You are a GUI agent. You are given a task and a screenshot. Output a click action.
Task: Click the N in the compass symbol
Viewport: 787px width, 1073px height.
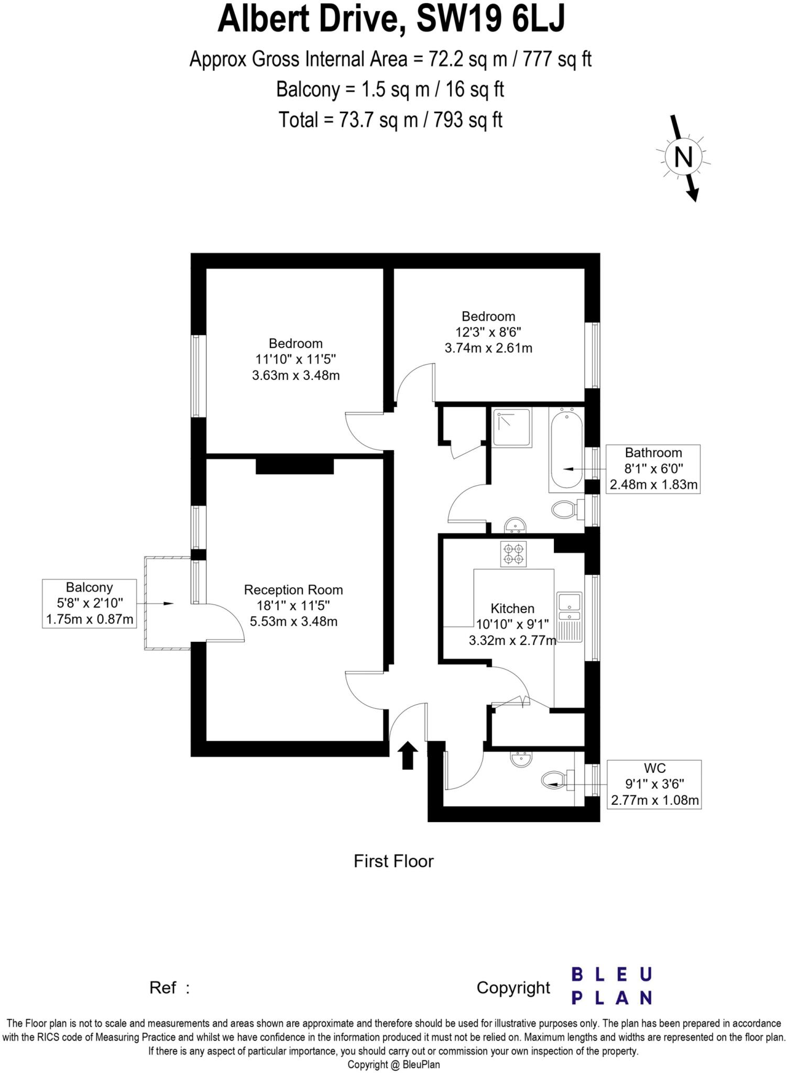(683, 157)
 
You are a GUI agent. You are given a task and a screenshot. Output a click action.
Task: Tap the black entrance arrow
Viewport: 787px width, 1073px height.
(409, 756)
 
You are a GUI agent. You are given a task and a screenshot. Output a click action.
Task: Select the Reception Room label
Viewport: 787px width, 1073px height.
(293, 590)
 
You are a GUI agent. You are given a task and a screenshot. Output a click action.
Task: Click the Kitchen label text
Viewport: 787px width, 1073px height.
(512, 608)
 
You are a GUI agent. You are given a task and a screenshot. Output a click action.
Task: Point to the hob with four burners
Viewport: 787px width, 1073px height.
(513, 554)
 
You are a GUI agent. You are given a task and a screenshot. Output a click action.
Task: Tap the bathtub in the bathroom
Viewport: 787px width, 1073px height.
(566, 450)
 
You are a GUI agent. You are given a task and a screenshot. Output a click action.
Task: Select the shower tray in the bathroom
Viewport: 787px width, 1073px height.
(512, 427)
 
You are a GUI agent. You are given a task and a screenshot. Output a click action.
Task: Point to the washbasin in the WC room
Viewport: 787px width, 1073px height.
(521, 759)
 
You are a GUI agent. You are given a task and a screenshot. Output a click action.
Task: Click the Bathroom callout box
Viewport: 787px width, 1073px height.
(653, 468)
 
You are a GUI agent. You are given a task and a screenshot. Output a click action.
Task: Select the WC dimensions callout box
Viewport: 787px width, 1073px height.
(654, 784)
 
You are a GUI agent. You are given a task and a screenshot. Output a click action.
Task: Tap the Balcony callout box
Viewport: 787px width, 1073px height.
(89, 604)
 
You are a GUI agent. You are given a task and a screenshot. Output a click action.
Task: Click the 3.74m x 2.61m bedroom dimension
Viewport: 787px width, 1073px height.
(488, 348)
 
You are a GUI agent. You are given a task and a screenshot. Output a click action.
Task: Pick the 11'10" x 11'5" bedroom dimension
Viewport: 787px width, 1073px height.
(296, 359)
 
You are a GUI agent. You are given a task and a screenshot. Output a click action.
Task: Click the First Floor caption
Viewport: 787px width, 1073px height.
(393, 861)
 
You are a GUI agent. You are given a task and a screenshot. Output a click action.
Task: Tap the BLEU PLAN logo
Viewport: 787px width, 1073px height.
(611, 986)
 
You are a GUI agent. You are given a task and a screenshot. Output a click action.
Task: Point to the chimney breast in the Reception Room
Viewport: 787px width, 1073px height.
(294, 466)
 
